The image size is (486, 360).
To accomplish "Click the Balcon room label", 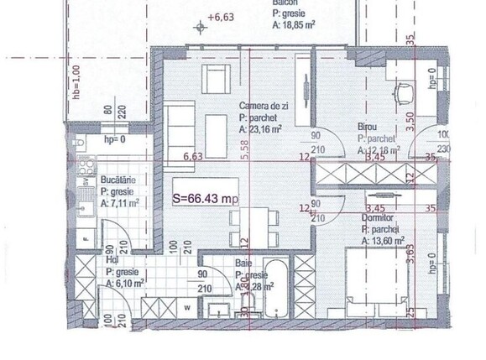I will pyautogui.click(x=280, y=3).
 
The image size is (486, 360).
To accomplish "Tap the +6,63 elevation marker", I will pyautogui.click(x=222, y=16).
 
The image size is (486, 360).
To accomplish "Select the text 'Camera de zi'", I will pyautogui.click(x=264, y=106).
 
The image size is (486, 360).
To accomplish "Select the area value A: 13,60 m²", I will pyautogui.click(x=387, y=241).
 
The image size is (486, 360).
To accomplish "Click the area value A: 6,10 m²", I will pyautogui.click(x=124, y=284).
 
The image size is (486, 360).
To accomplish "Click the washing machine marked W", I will pyautogui.click(x=186, y=306).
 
